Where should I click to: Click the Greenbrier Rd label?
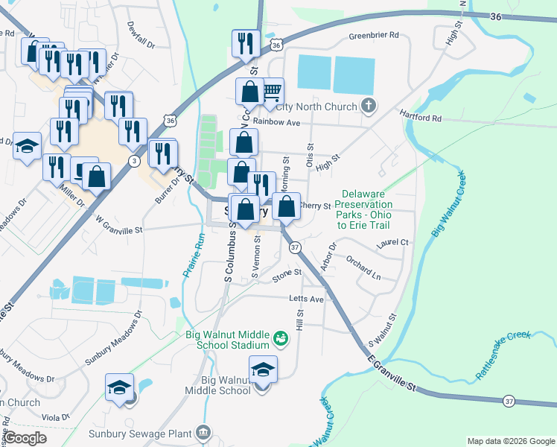click(x=374, y=35)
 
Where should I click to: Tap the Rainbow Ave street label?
click(x=276, y=121)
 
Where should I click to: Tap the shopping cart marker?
click(x=272, y=92)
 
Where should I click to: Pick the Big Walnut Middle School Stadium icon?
click(x=280, y=340)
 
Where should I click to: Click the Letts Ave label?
click(x=307, y=299)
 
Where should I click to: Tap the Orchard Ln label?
click(x=363, y=267)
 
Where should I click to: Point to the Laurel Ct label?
click(x=393, y=243)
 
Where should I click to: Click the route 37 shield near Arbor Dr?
click(x=295, y=247)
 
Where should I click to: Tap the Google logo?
click(x=25, y=438)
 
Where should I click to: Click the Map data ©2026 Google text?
click(x=510, y=441)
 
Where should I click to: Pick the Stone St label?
click(x=286, y=273)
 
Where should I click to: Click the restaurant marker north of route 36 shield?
click(x=243, y=44)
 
